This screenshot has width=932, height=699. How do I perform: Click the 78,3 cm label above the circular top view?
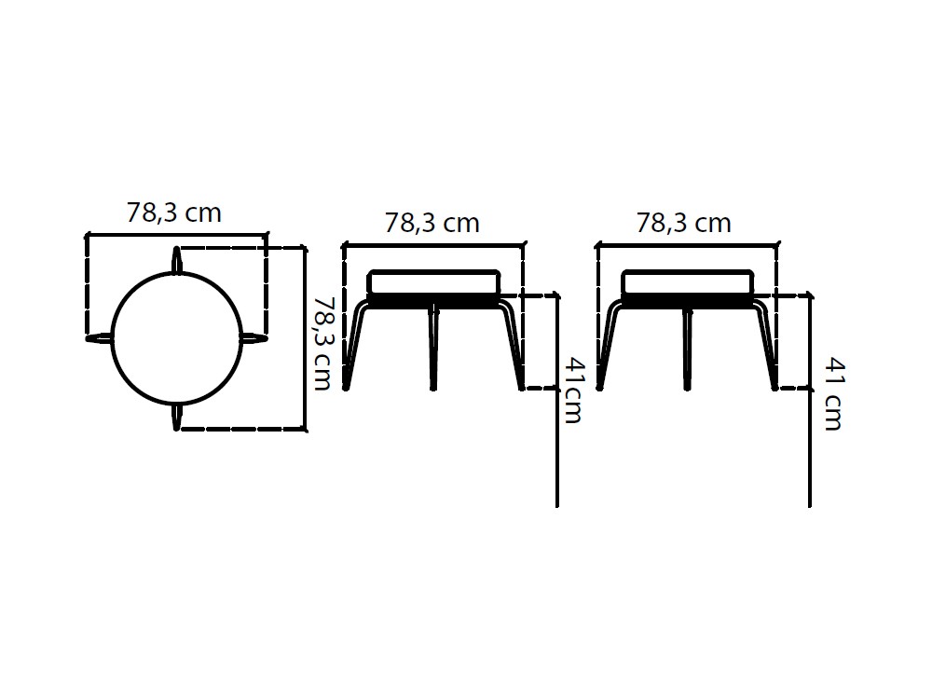pos(174,213)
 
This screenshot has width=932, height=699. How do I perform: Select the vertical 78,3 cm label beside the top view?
pos(322,343)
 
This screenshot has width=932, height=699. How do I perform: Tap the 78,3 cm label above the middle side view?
pos(432,224)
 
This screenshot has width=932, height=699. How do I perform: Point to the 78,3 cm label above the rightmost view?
pos(683,224)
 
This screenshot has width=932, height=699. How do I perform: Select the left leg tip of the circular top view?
pos(97,337)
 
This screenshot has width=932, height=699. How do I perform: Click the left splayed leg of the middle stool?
pos(355,345)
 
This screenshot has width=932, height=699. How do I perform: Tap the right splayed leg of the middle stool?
pos(514,345)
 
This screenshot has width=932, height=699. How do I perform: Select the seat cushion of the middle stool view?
pos(434,281)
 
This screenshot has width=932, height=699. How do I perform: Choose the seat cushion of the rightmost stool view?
pos(687,281)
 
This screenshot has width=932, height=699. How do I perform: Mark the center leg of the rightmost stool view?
pos(687,348)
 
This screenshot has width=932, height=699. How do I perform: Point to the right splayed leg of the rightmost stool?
pos(767,345)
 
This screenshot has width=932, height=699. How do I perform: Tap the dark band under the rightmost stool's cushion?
pos(687,301)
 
